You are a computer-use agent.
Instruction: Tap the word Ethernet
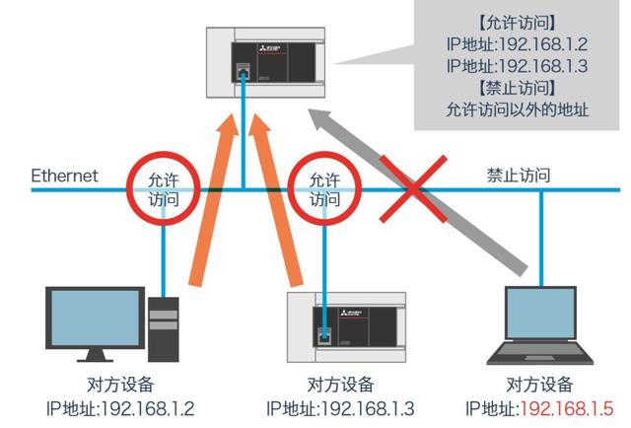click(65, 176)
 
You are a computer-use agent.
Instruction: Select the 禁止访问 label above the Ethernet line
click(518, 175)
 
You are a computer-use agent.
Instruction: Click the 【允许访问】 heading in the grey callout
click(518, 21)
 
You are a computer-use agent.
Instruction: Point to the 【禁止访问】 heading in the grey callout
click(518, 88)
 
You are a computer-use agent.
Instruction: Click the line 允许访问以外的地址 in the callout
click(518, 109)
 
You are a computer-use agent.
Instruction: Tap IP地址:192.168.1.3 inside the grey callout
click(518, 65)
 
